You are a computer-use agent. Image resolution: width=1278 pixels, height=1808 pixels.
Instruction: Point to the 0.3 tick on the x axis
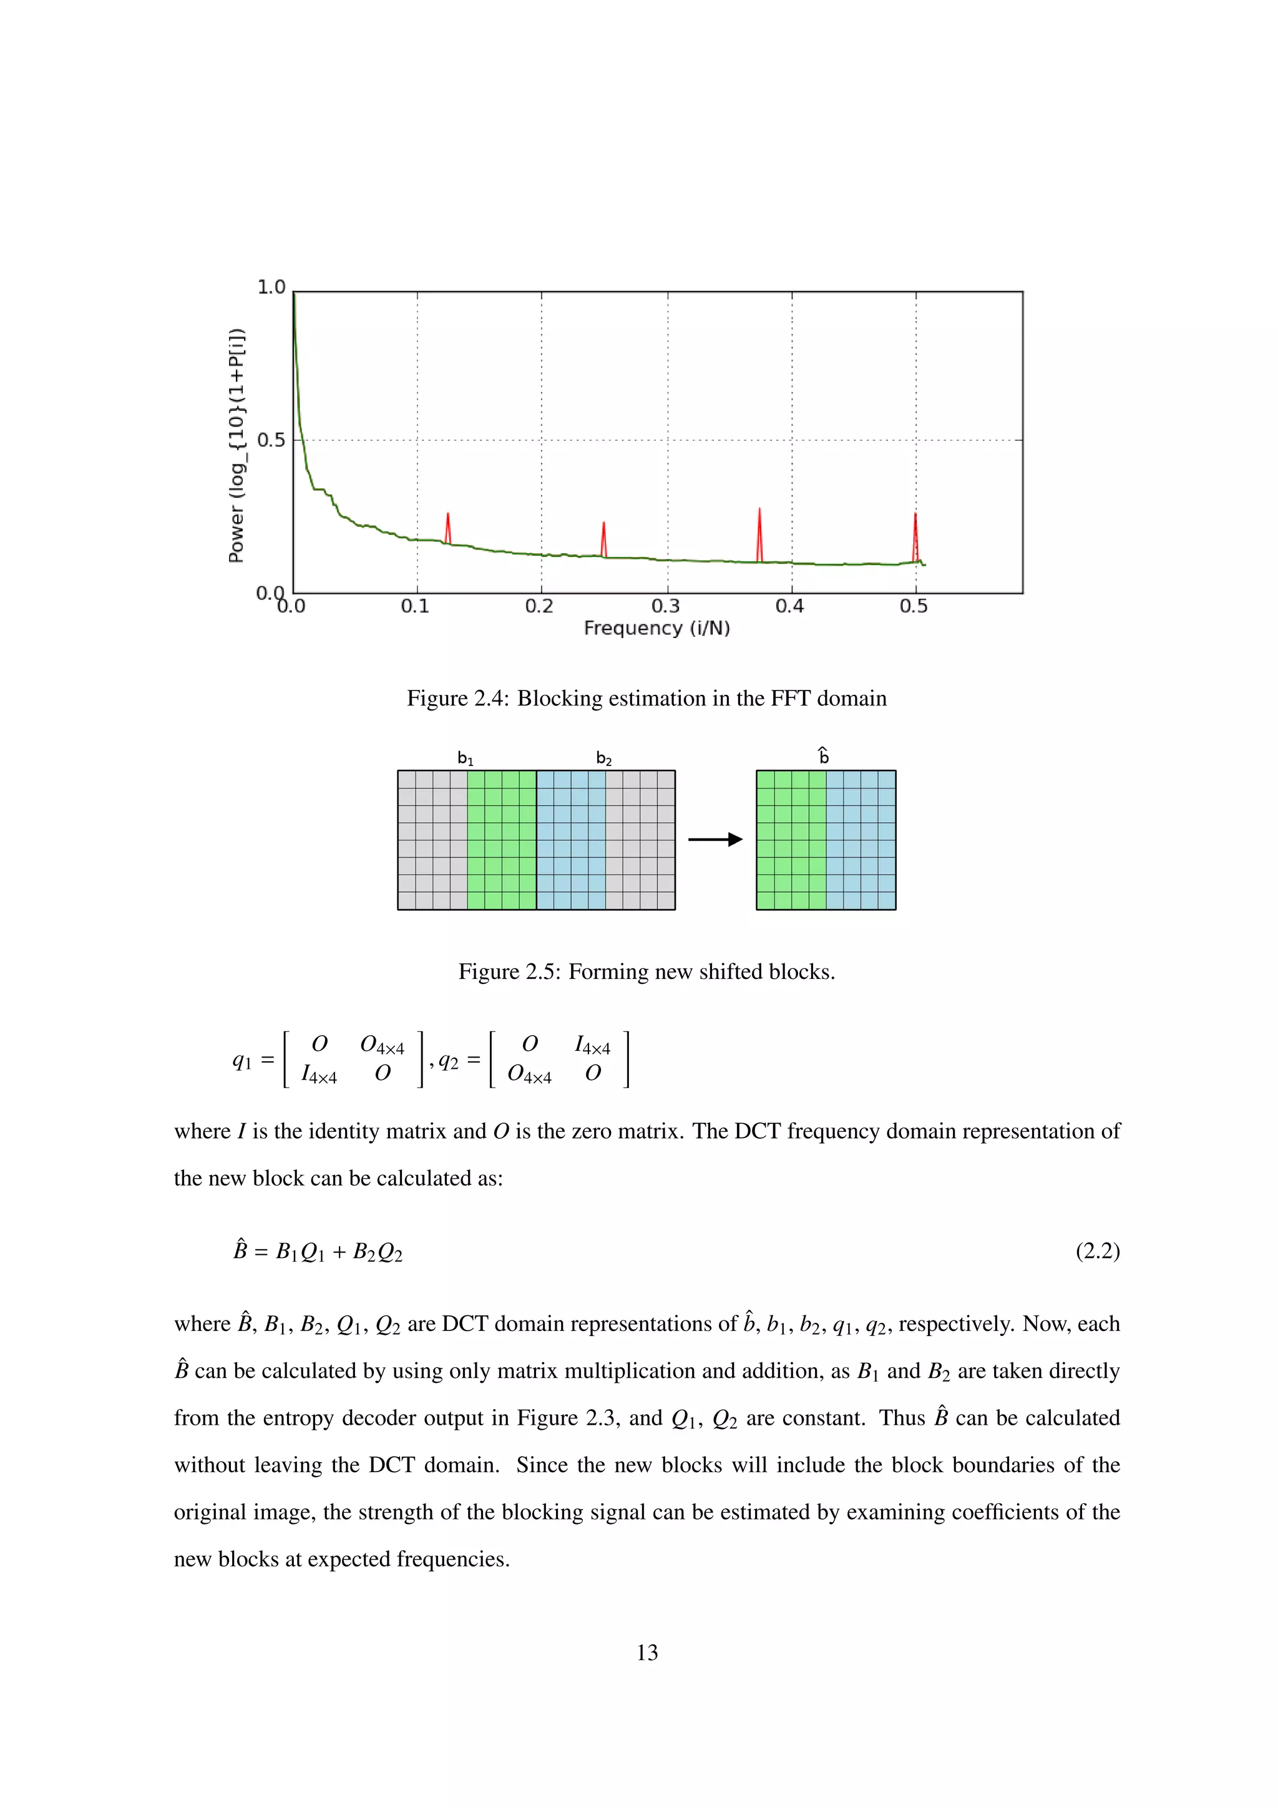(x=666, y=606)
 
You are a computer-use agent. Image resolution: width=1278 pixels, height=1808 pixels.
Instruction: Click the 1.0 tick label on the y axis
(x=271, y=287)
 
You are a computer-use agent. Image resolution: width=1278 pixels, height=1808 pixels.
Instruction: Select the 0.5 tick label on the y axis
(x=271, y=440)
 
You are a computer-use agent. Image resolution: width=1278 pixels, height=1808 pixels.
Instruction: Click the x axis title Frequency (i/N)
(x=657, y=629)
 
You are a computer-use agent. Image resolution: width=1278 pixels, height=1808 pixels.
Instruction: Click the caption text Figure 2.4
(x=646, y=699)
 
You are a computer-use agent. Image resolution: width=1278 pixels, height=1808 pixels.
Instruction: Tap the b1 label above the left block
(x=465, y=759)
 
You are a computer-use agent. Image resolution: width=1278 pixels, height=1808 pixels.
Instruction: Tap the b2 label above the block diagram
(x=603, y=759)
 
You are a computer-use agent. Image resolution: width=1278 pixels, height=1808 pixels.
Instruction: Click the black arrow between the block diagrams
(x=715, y=840)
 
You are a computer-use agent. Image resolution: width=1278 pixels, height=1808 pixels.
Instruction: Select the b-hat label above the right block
(x=824, y=756)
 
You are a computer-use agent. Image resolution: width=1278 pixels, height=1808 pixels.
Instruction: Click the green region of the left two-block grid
(x=501, y=840)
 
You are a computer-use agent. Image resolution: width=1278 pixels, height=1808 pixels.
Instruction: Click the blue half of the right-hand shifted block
(x=861, y=840)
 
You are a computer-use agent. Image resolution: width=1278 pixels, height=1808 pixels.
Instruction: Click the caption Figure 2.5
(x=646, y=971)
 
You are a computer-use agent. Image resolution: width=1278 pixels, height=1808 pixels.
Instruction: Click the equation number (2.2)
(x=1097, y=1250)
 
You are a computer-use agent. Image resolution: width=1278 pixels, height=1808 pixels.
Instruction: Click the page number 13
(x=647, y=1652)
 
